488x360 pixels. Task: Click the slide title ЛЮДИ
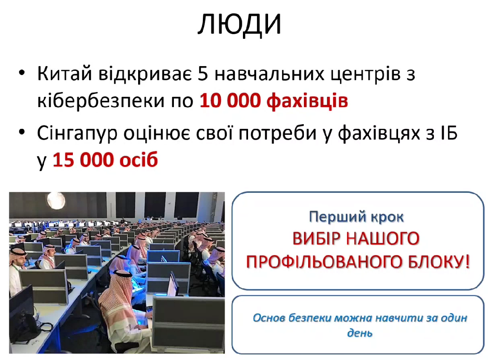(x=240, y=25)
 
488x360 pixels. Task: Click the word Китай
(x=65, y=73)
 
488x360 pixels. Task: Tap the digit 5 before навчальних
(x=202, y=74)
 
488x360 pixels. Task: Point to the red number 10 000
(x=230, y=101)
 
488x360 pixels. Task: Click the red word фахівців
(x=307, y=101)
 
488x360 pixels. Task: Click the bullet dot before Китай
(x=22, y=73)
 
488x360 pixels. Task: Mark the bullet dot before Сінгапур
(x=22, y=132)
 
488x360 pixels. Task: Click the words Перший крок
(x=356, y=217)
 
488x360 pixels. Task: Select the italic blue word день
(x=360, y=333)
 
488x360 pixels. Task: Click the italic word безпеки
(x=310, y=318)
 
